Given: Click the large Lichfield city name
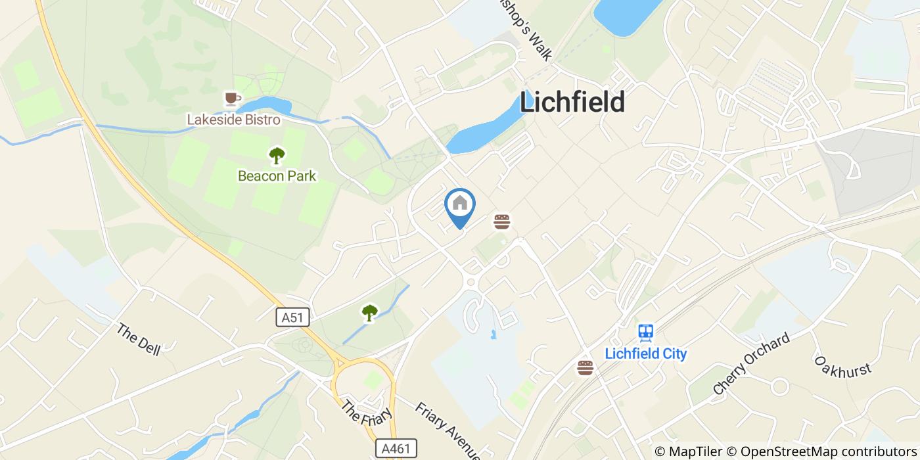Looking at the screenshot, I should (572, 103).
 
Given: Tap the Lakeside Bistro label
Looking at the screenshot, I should (233, 120).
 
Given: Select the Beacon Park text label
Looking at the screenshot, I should (277, 176).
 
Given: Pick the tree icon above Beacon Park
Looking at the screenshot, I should (277, 156).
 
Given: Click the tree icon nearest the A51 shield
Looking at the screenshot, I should (370, 313).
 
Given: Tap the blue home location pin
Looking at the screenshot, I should (460, 206).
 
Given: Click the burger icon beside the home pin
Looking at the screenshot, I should (502, 221).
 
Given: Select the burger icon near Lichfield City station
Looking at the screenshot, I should (585, 367).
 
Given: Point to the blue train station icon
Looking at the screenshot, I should (645, 333).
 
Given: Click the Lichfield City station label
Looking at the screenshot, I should (645, 354).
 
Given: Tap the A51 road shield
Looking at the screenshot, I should (292, 317).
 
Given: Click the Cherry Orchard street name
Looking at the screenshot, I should (751, 365).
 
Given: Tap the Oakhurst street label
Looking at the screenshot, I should (842, 366).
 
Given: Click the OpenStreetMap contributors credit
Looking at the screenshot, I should (829, 451).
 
